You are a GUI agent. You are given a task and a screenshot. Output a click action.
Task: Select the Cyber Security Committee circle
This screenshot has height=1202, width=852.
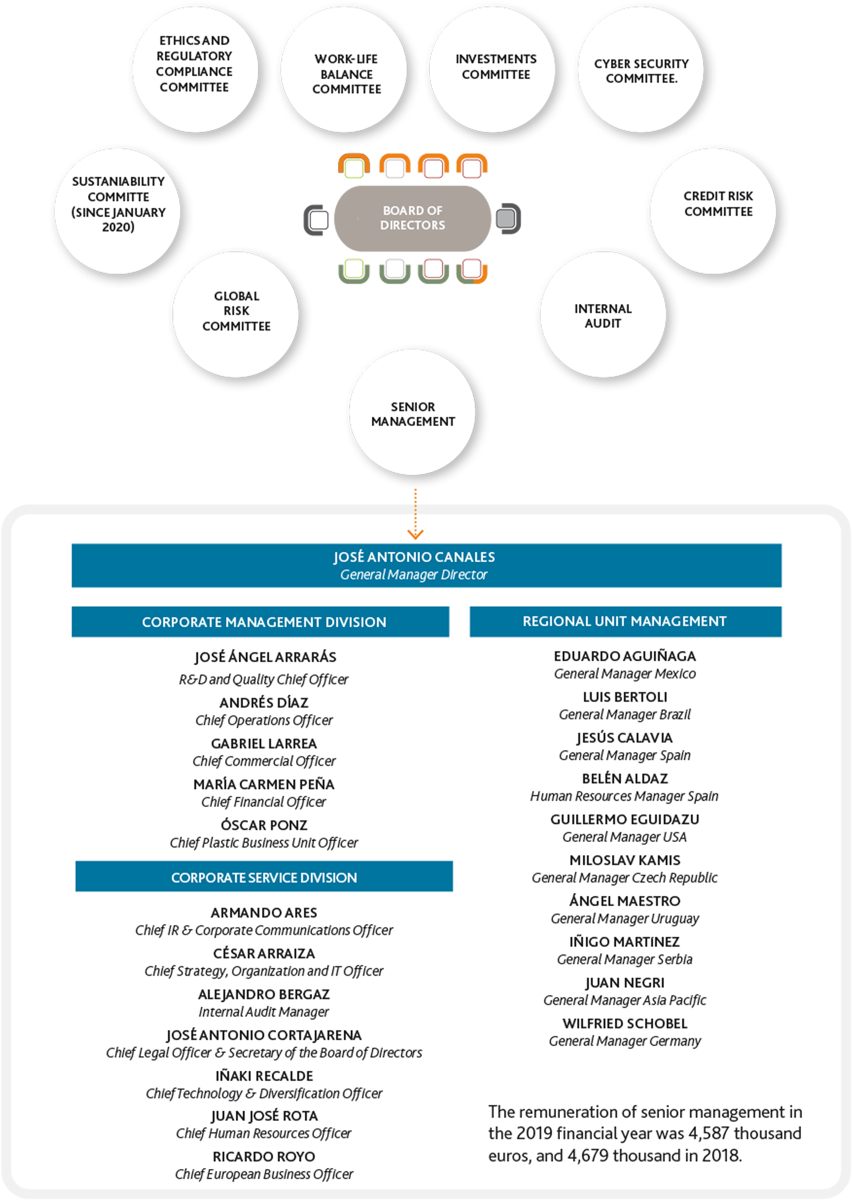[x=640, y=70]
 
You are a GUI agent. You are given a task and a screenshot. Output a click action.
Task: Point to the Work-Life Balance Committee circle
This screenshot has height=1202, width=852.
[x=344, y=70]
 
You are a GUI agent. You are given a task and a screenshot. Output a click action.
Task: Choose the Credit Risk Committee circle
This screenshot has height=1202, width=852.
[x=713, y=211]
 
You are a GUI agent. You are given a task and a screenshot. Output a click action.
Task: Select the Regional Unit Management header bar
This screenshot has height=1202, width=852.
[x=625, y=621]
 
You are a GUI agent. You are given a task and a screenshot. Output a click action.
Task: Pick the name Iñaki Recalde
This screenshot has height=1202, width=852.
[x=264, y=1076]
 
